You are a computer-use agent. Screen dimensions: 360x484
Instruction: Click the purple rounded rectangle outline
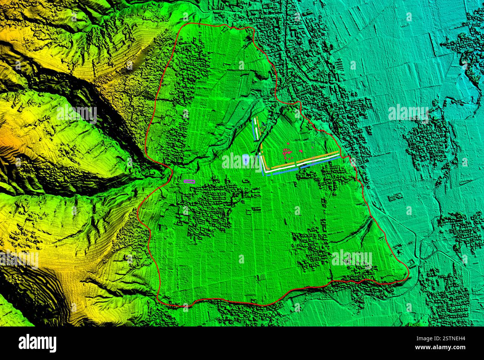point(190,181)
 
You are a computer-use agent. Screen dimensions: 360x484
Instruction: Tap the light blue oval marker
point(246,159)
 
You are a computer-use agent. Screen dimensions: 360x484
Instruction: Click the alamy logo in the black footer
point(37,343)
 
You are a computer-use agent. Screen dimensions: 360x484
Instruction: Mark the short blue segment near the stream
point(254,129)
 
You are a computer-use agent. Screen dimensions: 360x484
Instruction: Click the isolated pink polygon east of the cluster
point(301,151)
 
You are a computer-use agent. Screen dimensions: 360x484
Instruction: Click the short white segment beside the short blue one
point(256,127)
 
